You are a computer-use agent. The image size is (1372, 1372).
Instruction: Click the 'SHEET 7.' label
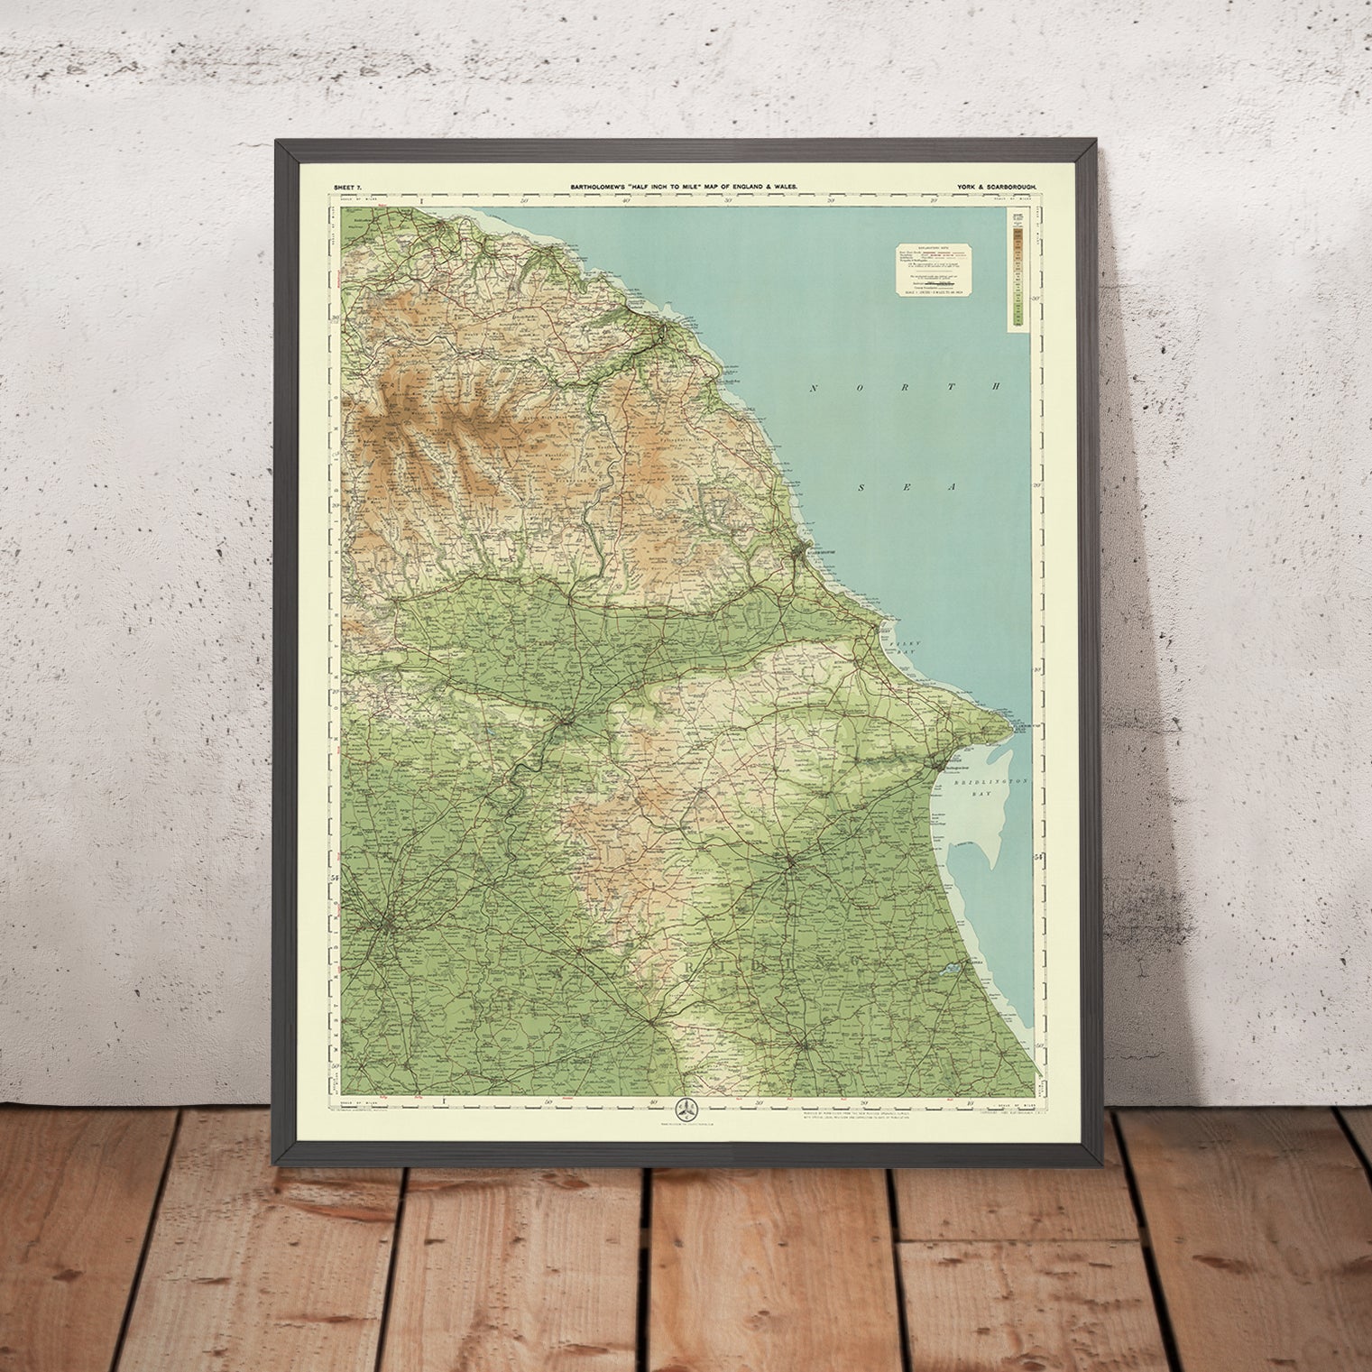click(346, 185)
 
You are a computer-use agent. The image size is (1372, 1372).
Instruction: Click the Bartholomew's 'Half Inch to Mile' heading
click(683, 185)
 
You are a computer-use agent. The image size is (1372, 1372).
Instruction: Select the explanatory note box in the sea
click(938, 270)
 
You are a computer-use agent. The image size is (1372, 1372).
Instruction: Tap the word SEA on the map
click(906, 487)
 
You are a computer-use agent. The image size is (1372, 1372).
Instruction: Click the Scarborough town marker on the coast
click(802, 549)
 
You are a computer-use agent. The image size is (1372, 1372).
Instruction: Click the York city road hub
click(389, 923)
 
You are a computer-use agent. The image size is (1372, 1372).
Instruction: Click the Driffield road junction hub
click(790, 862)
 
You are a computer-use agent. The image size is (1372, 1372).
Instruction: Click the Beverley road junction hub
click(802, 1046)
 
